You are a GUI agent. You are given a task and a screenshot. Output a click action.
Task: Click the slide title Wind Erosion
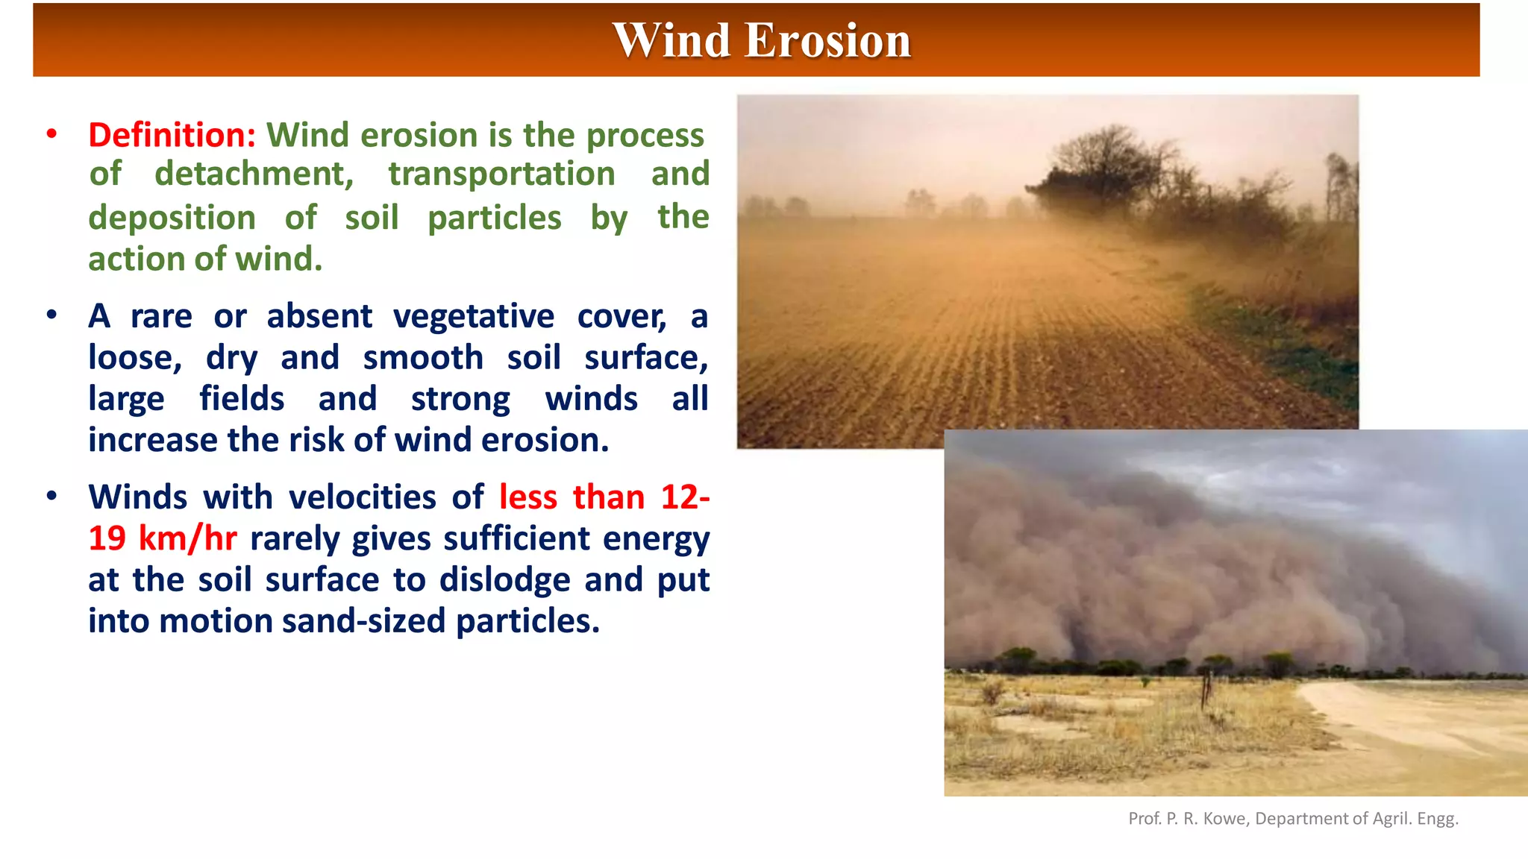click(762, 40)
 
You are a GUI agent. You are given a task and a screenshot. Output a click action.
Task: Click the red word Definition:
click(172, 136)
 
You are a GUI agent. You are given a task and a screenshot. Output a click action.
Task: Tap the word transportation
click(501, 174)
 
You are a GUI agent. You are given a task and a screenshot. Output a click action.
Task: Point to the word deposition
click(172, 218)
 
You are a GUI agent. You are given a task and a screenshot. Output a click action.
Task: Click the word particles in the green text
click(494, 218)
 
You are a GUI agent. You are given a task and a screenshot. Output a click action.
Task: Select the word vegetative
click(474, 316)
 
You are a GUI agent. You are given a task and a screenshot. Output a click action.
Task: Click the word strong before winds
click(460, 400)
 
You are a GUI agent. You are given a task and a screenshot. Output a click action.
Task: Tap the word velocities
click(362, 497)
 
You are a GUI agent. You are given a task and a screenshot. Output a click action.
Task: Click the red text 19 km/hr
click(163, 538)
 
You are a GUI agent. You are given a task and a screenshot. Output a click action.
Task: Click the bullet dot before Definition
click(51, 134)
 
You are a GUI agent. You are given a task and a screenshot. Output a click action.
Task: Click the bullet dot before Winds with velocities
click(51, 497)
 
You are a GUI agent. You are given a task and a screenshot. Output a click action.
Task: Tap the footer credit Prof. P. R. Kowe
click(1188, 819)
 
